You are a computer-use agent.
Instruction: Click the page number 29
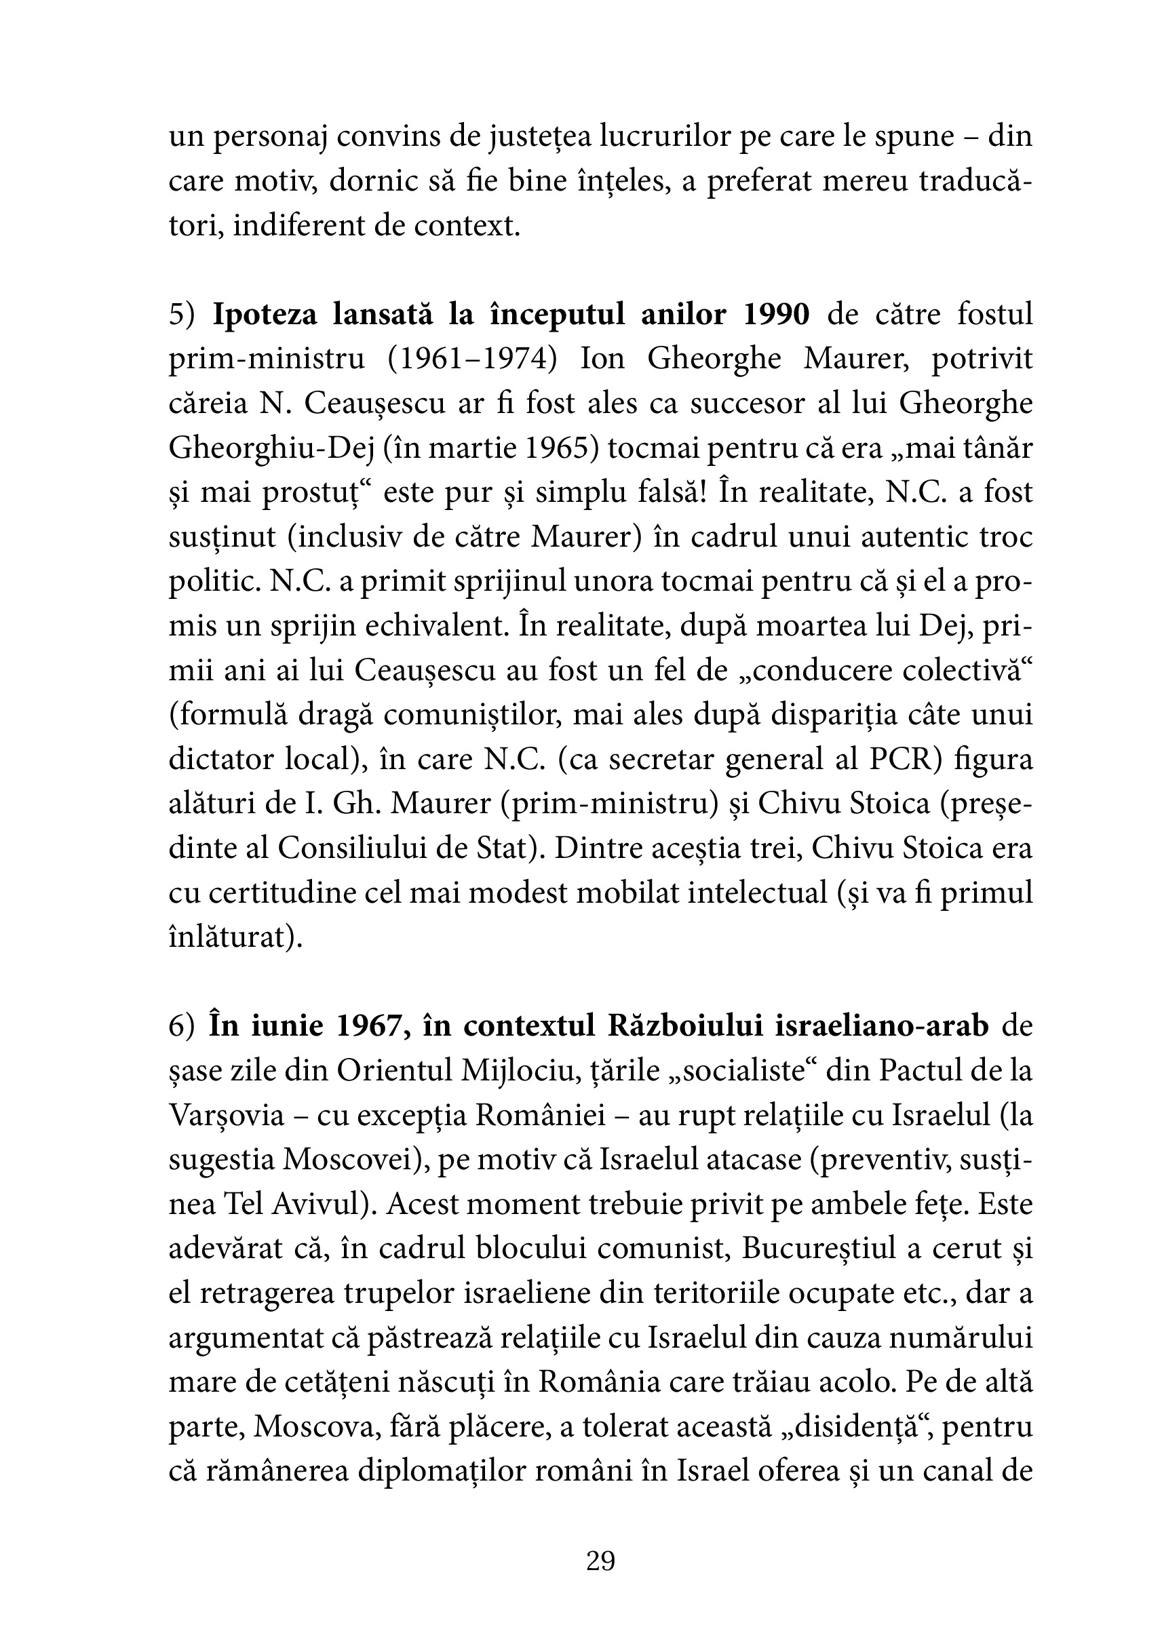click(x=600, y=1561)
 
